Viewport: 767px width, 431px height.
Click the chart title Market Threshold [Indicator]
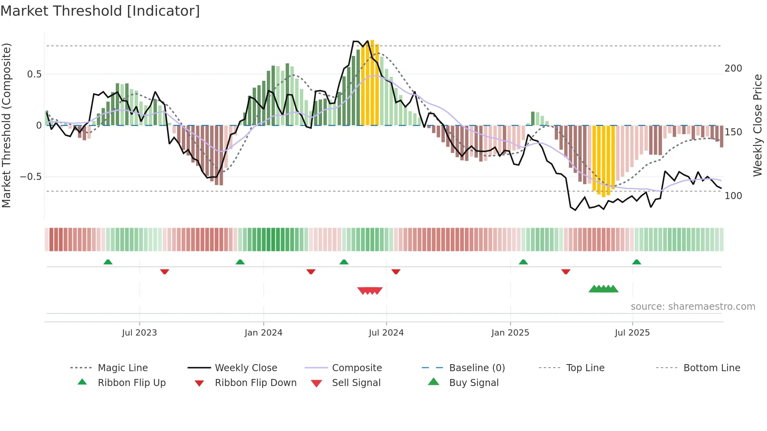pos(100,11)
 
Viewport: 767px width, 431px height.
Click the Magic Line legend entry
pos(122,368)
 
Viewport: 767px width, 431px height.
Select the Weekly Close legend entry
pos(246,368)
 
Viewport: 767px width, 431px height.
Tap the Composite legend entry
pos(357,368)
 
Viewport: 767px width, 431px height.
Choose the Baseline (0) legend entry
pos(477,368)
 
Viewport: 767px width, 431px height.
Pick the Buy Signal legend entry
pos(474,383)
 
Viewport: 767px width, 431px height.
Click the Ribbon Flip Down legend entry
pos(256,383)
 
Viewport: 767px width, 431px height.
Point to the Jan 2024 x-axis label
pos(263,333)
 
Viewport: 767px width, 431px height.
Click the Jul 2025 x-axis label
pos(632,333)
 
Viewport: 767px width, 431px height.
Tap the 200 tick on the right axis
pos(733,68)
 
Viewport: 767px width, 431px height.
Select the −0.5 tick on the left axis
pos(31,177)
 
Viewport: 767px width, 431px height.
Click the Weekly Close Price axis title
pos(758,125)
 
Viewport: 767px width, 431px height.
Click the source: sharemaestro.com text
pos(693,307)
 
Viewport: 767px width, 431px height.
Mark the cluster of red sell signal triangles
pos(370,291)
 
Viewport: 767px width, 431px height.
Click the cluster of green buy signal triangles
pos(603,289)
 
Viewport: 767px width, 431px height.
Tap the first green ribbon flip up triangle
pos(108,262)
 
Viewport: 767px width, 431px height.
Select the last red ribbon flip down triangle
pos(566,271)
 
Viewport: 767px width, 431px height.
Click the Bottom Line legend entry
pos(711,368)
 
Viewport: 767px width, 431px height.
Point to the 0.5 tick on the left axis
pos(34,74)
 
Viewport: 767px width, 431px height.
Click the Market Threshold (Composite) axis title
pos(6,125)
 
